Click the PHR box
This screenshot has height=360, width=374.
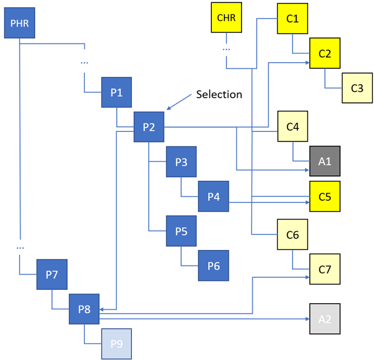(19, 25)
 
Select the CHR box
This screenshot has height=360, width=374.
(226, 18)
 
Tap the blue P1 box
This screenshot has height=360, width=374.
(117, 93)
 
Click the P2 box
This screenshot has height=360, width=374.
(149, 127)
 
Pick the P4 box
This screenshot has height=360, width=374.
(214, 196)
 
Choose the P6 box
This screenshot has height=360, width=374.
(214, 266)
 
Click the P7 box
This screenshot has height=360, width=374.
(51, 275)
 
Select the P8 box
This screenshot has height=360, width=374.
(84, 309)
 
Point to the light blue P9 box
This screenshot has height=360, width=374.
(116, 344)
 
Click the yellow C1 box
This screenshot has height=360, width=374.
(292, 19)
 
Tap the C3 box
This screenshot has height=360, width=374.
(357, 88)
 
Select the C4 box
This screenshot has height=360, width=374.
(292, 127)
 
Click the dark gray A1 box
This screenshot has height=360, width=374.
(325, 162)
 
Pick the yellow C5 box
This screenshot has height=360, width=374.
(325, 196)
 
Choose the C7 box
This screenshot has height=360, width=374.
(325, 269)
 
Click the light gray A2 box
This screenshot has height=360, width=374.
(325, 318)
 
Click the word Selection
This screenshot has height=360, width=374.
(219, 94)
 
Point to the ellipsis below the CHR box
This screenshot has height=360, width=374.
(226, 48)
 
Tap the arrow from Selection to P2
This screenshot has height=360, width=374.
(178, 103)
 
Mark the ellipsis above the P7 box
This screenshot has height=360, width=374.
(20, 247)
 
